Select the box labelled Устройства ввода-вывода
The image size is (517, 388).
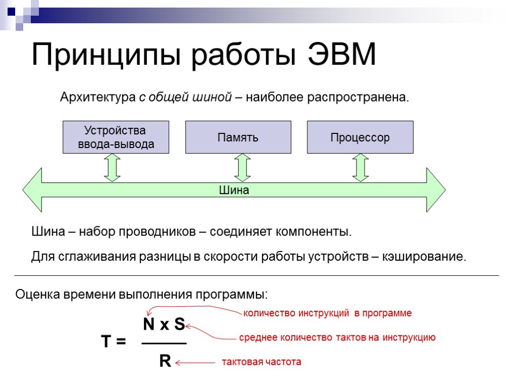click(x=116, y=137)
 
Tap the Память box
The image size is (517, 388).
click(x=238, y=137)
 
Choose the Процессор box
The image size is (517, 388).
click(x=360, y=137)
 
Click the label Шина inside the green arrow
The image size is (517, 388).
click(x=234, y=190)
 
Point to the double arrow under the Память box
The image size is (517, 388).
click(x=243, y=168)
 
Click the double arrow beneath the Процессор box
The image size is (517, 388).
click(x=360, y=168)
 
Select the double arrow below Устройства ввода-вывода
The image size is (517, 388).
click(x=112, y=168)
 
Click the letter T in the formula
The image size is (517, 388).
click(x=107, y=342)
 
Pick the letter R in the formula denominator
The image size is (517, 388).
click(x=165, y=361)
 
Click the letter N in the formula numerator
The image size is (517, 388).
click(x=149, y=324)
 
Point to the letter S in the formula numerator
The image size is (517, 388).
click(x=179, y=324)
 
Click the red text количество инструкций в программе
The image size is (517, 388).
click(x=328, y=313)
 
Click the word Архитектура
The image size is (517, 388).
click(x=98, y=97)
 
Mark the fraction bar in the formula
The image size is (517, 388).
click(x=164, y=344)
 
